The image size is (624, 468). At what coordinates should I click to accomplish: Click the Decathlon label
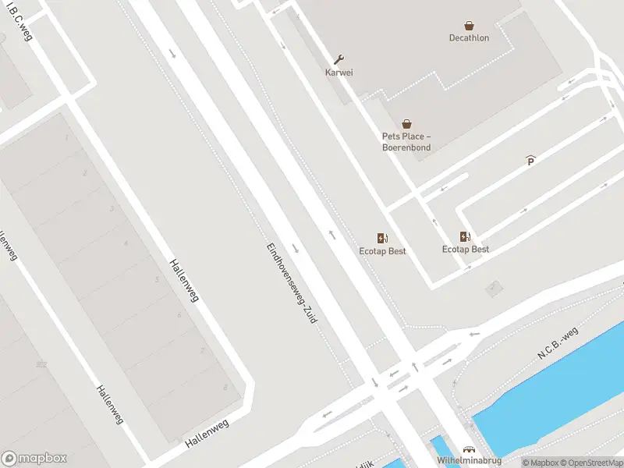tap(469, 37)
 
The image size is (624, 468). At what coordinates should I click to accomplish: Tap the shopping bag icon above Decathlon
tap(469, 25)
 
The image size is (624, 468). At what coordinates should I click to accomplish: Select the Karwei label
tap(339, 73)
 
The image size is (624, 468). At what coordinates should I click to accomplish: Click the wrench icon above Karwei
tap(339, 59)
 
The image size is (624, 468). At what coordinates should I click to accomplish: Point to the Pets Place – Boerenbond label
tap(406, 142)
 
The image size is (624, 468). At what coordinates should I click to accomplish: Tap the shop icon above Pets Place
tap(406, 124)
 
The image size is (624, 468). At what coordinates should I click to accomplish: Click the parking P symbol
tap(531, 161)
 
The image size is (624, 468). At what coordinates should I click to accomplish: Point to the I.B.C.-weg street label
tap(20, 25)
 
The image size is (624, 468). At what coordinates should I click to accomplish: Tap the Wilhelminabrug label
tap(469, 461)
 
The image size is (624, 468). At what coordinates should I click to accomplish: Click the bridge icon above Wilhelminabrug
tap(469, 450)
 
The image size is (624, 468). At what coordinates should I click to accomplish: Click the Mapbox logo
tap(34, 459)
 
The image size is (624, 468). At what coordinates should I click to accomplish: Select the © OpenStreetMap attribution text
tap(590, 463)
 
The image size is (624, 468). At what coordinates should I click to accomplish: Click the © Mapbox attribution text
tap(538, 463)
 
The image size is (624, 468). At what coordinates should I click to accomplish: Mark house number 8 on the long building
tap(225, 387)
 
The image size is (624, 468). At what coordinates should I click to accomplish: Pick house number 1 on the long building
tap(67, 138)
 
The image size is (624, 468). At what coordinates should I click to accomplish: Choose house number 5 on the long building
tap(158, 279)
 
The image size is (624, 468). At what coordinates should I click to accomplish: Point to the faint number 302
tap(41, 364)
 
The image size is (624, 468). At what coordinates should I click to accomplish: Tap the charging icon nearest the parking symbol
tap(466, 237)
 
